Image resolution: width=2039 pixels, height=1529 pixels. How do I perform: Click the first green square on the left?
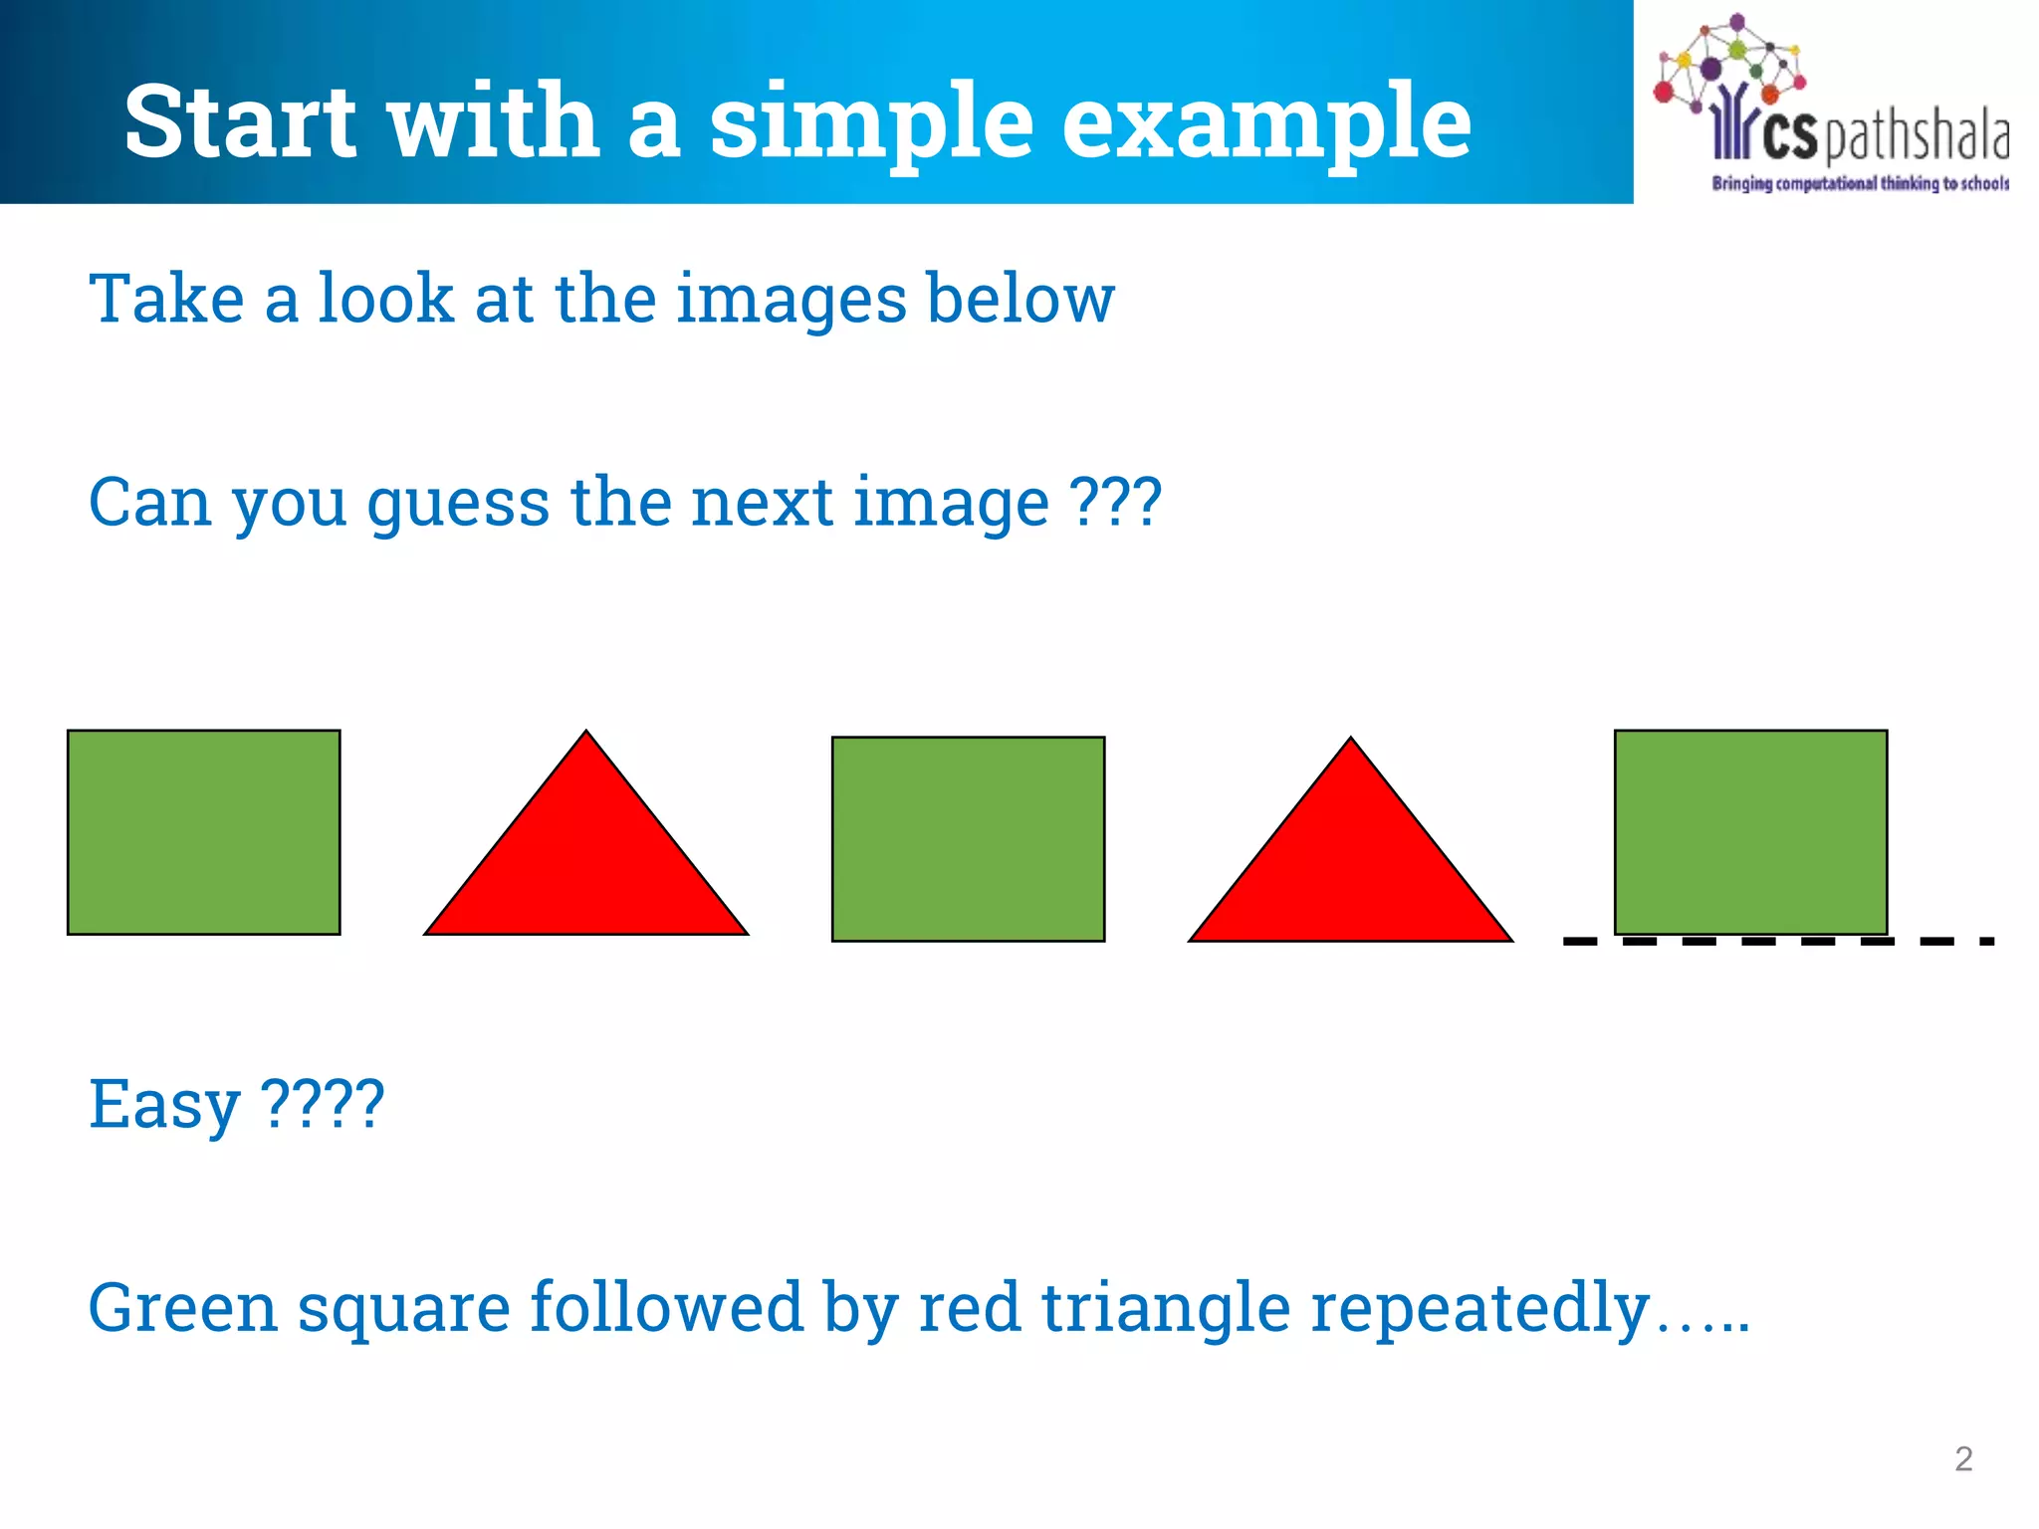coord(204,832)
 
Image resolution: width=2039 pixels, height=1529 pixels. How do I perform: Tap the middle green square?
coord(968,839)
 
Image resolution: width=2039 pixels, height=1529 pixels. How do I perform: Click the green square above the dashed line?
coord(1750,832)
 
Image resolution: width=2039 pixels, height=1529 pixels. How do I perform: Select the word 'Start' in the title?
coord(240,121)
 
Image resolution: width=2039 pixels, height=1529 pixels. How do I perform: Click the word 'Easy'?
coord(164,1105)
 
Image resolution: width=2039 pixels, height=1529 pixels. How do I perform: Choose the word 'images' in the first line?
coord(791,300)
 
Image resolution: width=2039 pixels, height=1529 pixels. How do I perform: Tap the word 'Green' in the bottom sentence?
coord(182,1307)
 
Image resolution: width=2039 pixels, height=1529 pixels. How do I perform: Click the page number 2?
coord(1963,1459)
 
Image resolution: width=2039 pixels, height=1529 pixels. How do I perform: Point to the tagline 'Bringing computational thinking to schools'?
coord(1860,183)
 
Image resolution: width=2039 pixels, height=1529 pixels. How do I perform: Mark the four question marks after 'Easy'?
coord(322,1103)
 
